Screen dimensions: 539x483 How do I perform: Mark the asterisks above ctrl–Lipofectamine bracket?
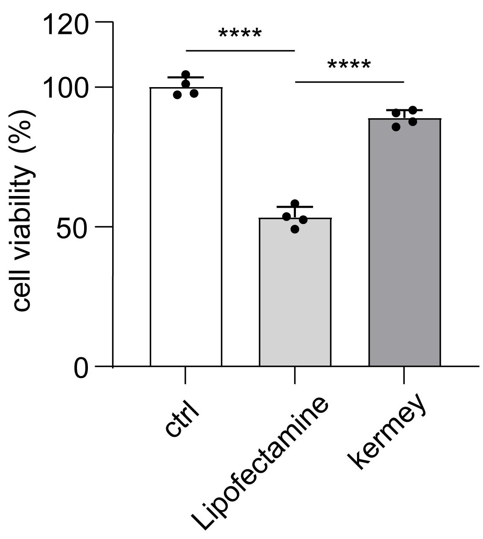[240, 34]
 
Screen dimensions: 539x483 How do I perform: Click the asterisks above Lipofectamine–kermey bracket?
[349, 65]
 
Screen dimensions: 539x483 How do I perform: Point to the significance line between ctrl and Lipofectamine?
[240, 51]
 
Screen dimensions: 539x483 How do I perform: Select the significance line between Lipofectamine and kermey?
[349, 82]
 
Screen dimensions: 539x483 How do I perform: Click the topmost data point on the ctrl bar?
[186, 75]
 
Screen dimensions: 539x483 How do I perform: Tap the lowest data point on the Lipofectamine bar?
[295, 229]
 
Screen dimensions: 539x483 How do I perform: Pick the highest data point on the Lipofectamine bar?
[295, 204]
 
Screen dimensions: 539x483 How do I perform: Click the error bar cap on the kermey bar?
[404, 110]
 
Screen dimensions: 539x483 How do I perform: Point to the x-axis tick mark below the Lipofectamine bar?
[295, 375]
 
